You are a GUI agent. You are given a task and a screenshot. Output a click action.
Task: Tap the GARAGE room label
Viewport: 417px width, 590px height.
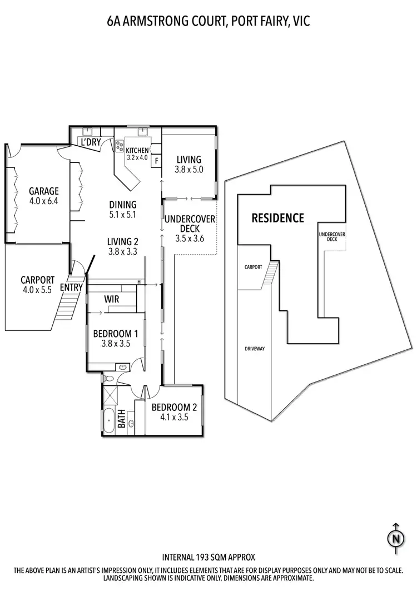[43, 191]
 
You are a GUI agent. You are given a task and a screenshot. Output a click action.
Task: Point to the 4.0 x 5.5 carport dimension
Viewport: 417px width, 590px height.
[36, 290]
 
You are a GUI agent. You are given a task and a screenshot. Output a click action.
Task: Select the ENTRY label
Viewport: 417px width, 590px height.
[71, 287]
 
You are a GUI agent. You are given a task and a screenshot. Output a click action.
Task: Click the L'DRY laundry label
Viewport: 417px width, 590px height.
[91, 142]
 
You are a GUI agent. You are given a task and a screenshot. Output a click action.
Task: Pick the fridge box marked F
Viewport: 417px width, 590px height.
[157, 161]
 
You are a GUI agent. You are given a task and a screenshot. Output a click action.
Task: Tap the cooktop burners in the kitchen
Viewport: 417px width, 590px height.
[119, 146]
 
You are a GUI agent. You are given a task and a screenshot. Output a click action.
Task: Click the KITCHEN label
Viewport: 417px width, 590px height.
[137, 150]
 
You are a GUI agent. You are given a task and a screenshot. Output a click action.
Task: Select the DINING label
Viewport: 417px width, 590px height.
[123, 205]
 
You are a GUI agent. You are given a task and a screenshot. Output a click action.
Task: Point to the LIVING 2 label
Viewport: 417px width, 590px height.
[122, 241]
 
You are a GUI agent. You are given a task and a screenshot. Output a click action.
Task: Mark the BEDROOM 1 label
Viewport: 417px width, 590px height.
[115, 334]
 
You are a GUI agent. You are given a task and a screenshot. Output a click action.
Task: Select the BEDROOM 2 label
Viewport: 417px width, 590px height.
[174, 406]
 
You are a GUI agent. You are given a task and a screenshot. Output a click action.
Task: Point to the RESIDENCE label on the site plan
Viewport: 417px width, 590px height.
[278, 218]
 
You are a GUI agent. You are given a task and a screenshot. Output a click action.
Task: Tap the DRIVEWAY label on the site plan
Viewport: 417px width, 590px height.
[254, 349]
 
